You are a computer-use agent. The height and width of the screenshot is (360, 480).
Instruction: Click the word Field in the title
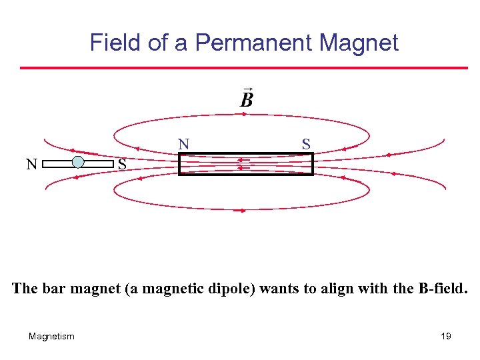coord(115,43)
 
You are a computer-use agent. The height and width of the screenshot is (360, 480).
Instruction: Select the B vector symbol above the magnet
coord(246,99)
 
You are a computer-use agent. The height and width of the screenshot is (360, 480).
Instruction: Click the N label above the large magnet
coord(184,143)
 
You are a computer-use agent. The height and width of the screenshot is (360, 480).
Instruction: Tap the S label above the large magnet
coord(305,143)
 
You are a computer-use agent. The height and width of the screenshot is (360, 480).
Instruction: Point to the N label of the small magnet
coord(31,164)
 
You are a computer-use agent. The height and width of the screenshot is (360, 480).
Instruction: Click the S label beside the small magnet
coord(122,164)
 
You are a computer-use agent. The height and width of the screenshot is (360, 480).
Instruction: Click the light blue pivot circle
coord(78,162)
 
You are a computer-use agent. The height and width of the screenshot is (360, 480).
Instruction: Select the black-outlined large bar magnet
coord(245,164)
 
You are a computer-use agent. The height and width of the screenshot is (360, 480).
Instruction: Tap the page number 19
coord(446,336)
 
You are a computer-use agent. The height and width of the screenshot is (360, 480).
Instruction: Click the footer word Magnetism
coord(51,336)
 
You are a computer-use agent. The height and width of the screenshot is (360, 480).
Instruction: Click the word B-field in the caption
coord(441,289)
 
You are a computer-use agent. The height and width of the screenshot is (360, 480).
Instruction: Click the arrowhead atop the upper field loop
coord(244,114)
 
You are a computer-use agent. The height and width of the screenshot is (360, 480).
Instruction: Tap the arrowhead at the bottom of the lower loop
coord(243,211)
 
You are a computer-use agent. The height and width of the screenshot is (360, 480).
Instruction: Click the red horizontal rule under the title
coord(243,67)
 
